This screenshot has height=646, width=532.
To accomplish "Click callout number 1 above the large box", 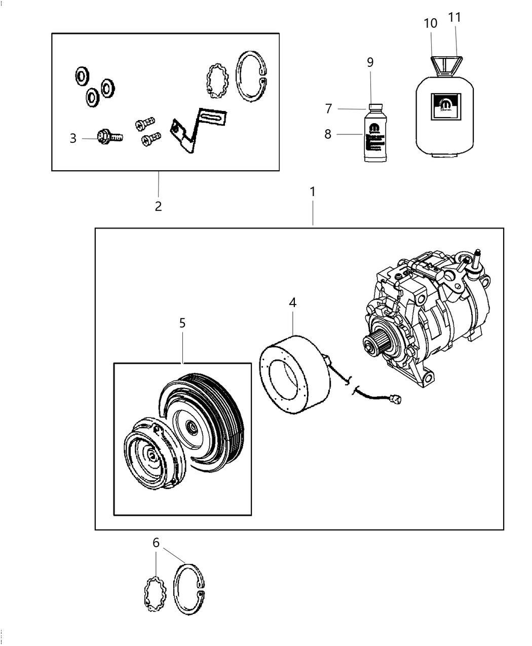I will tap(313, 192).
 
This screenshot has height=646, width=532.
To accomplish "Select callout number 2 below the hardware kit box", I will tap(158, 206).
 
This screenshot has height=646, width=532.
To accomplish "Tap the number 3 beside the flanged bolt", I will tap(73, 138).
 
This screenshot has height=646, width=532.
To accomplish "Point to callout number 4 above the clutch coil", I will tap(292, 302).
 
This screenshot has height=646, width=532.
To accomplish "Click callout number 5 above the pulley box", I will tap(182, 323).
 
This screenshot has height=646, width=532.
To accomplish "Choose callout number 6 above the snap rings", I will tap(156, 543).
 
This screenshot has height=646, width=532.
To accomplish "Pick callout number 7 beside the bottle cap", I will tap(328, 108).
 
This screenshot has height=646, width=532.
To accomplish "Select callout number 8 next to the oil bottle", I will tap(328, 134).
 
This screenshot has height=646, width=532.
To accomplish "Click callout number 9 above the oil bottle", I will tap(370, 62).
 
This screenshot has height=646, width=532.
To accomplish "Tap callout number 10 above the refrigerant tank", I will tap(430, 23).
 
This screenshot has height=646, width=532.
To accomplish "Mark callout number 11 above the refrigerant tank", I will tap(454, 17).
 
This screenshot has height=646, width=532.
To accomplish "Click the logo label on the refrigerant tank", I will tap(444, 107).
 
